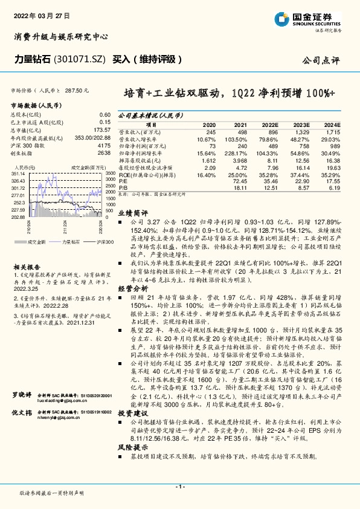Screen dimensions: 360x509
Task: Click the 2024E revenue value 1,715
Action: click(x=333, y=131)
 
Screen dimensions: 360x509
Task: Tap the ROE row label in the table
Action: click(x=144, y=174)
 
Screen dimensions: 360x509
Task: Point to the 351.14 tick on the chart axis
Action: click(x=18, y=173)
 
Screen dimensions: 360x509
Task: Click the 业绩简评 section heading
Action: click(x=132, y=213)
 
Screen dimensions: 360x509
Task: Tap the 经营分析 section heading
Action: click(x=132, y=288)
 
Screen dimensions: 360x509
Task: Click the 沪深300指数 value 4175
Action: click(x=104, y=146)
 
